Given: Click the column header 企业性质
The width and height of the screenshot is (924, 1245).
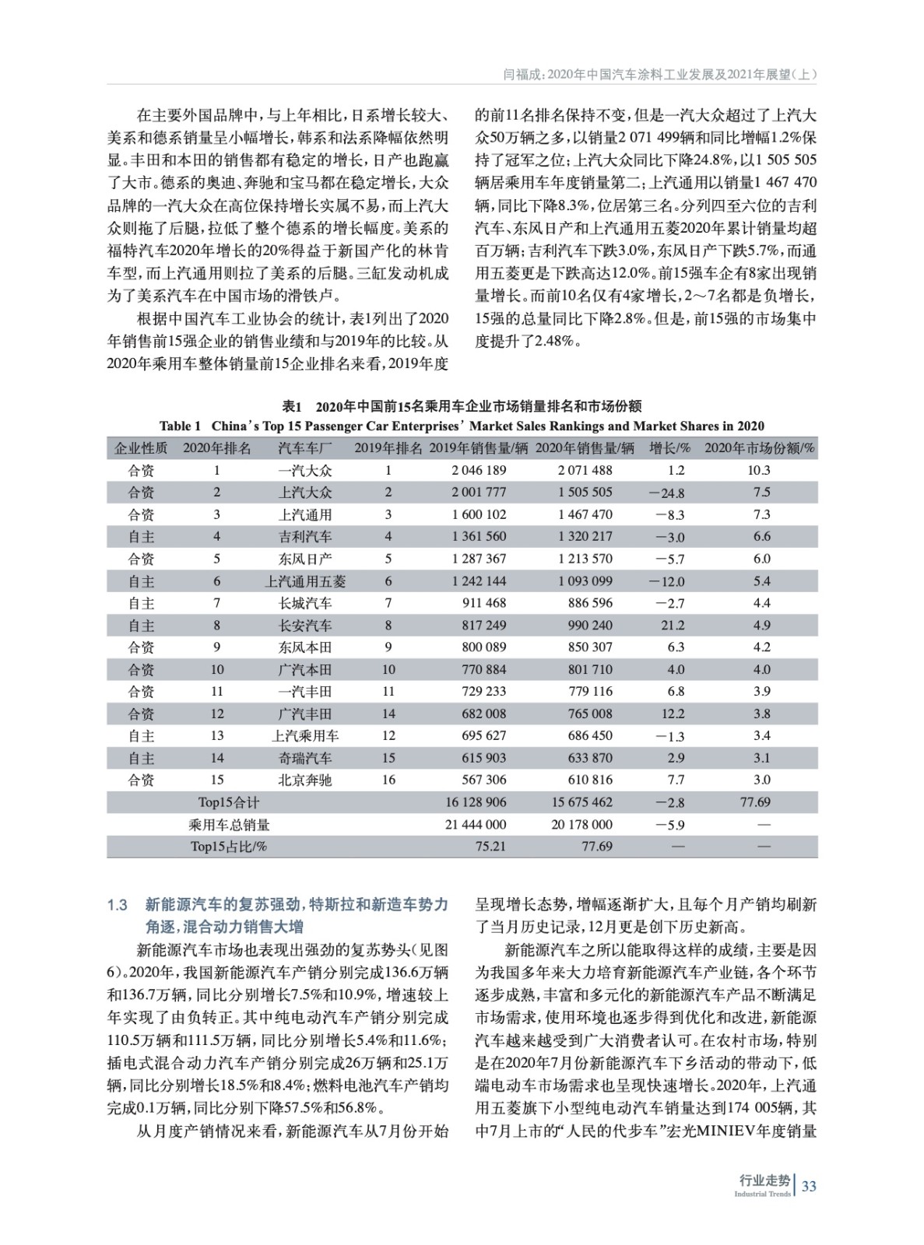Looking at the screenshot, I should [141, 447].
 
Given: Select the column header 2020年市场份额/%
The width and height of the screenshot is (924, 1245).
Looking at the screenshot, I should [759, 447].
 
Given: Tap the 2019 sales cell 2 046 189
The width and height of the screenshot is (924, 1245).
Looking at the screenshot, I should [478, 470].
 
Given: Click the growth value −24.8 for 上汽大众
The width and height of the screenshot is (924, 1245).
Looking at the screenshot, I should [668, 493].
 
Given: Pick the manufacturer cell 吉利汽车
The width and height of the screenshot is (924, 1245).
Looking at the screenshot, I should [305, 537].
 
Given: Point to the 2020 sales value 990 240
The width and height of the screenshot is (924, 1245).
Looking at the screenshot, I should [585, 625].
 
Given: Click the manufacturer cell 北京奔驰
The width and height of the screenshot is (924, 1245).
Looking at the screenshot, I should [305, 780].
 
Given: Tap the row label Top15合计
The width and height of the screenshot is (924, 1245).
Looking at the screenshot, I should [229, 802].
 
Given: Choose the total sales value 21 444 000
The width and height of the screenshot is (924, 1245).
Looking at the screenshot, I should [475, 824].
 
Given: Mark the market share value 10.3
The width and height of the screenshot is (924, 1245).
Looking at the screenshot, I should [758, 470].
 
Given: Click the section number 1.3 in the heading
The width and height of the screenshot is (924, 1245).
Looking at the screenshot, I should [118, 905].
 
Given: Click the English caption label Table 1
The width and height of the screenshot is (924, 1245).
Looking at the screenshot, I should [180, 426].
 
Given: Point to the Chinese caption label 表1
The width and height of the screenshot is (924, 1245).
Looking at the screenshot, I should [291, 406].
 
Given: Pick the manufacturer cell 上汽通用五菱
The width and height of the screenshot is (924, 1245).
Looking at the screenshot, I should [305, 581].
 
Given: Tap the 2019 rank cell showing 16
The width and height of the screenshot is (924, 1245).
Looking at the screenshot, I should [388, 780].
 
